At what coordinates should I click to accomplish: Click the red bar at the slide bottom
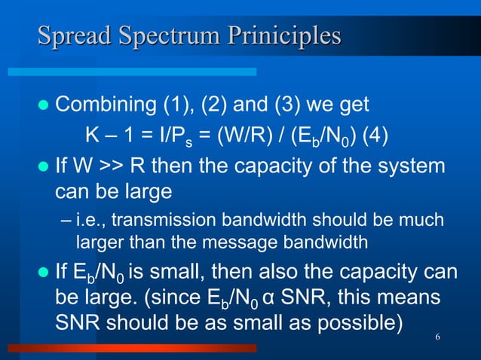pyautogui.click(x=136, y=349)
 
